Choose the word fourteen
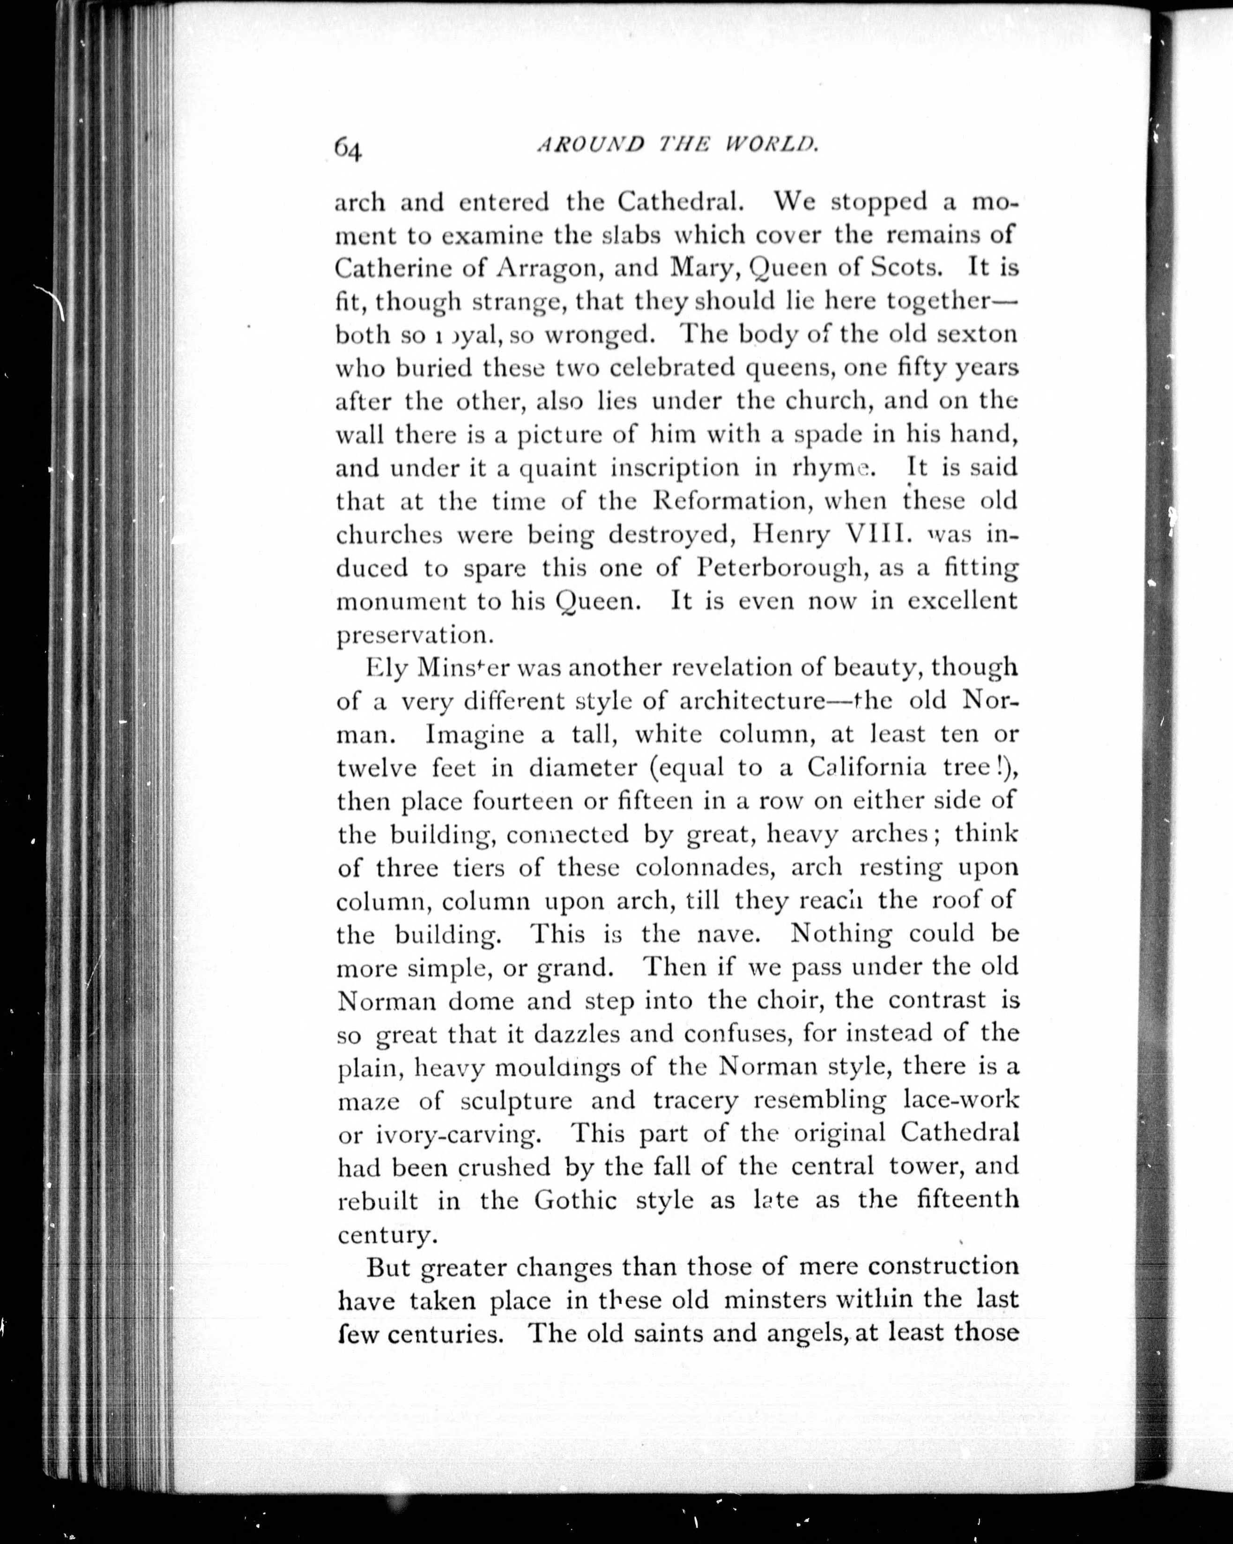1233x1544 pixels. pos(522,801)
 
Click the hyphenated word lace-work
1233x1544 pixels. pos(960,1100)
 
